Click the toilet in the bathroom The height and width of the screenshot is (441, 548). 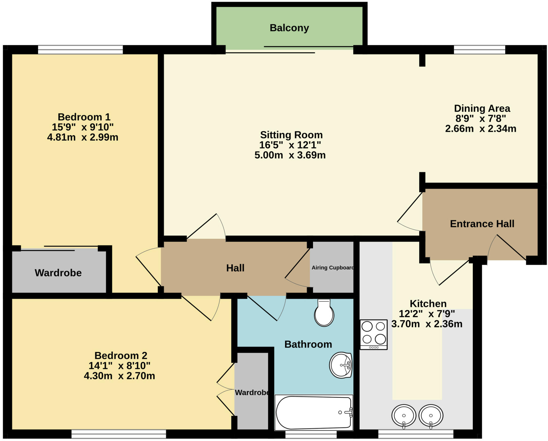(x=324, y=313)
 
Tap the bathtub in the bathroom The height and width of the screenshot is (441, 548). (x=314, y=412)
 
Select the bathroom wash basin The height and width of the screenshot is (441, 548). (x=341, y=365)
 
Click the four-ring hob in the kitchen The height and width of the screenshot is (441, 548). (x=374, y=334)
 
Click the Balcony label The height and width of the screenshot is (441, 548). (x=289, y=28)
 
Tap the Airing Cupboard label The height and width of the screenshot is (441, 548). (x=333, y=268)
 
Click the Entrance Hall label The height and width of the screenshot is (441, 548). (x=482, y=224)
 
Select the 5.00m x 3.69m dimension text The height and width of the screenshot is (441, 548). (x=290, y=155)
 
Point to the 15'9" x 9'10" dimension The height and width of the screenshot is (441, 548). (x=82, y=127)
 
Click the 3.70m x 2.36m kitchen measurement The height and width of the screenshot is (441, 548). (x=427, y=324)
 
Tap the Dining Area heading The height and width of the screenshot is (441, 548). (x=482, y=108)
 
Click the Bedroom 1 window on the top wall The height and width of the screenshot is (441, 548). (x=80, y=50)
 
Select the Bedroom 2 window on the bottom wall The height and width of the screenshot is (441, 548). (x=119, y=434)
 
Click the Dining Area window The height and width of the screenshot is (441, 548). (x=479, y=50)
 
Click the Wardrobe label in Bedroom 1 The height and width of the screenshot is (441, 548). (x=58, y=273)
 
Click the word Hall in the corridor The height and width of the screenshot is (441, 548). (x=235, y=268)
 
